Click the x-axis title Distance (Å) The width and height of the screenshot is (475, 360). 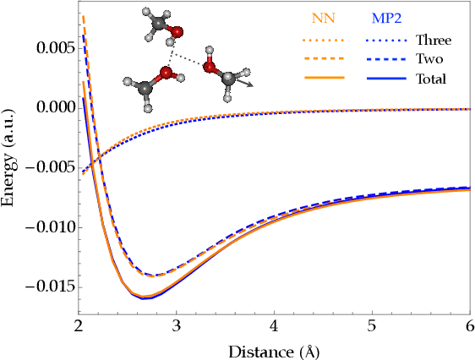(x=274, y=349)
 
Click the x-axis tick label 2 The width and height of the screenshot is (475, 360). (x=79, y=326)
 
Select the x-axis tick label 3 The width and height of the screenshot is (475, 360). (x=176, y=326)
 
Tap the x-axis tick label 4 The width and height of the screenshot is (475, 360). (x=274, y=326)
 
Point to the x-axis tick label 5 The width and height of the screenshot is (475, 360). (x=371, y=326)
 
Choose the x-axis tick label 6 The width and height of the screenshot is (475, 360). (x=468, y=326)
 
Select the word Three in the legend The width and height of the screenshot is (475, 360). (x=433, y=40)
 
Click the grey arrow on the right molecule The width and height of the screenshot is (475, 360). (x=248, y=84)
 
